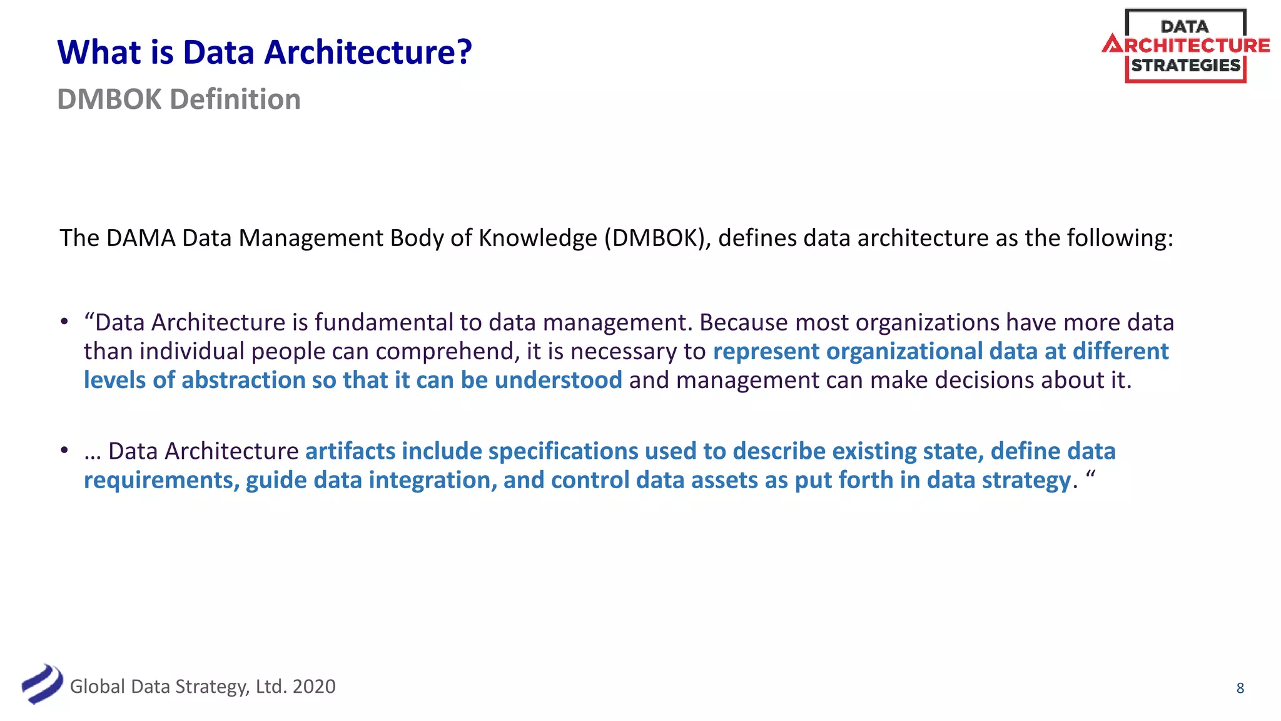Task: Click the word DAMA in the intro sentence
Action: pos(141,238)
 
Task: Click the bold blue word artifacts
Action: pos(350,451)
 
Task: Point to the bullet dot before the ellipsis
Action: pos(64,450)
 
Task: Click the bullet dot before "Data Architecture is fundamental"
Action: pos(64,322)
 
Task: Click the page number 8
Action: pos(1240,688)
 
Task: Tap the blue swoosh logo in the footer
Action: pos(42,684)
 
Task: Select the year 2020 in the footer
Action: pos(314,687)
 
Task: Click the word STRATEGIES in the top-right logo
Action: pos(1185,66)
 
